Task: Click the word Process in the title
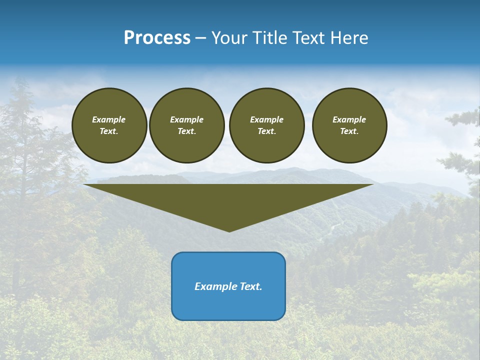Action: [x=157, y=38]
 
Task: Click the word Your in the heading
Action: [x=229, y=38]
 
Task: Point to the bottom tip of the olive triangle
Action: [x=229, y=231]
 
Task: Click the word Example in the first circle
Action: [x=109, y=119]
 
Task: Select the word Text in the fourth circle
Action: [x=349, y=131]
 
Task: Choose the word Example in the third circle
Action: [x=267, y=119]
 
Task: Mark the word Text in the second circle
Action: [x=186, y=131]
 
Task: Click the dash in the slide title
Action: [x=201, y=38]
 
